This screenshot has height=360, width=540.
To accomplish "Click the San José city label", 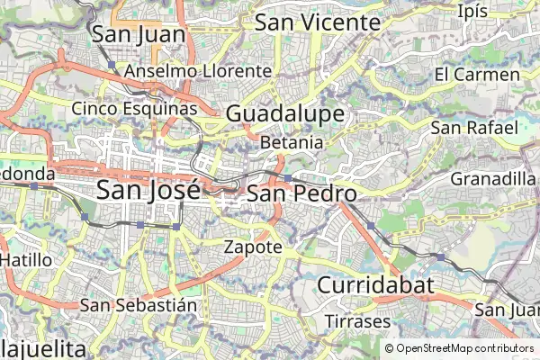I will point(148,191).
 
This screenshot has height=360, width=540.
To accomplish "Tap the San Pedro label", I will point(301,193).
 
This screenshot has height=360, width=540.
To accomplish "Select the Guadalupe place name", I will point(285,113).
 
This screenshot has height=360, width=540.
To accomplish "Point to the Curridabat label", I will point(375,286).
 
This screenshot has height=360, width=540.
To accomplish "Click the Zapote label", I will point(253,246).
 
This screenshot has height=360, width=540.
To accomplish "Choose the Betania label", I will point(291,142).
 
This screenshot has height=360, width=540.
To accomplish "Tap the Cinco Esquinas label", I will point(134,109).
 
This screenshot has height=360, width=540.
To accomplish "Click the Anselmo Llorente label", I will point(198,70).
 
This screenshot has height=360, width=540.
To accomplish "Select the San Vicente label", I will point(317,22).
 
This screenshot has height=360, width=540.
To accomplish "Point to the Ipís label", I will point(472,11).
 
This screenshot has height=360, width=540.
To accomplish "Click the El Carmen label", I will point(477,74).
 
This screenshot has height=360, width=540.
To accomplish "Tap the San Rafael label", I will point(473,128).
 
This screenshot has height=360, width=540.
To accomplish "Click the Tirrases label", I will point(357,321).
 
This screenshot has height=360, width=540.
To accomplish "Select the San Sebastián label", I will point(138,304).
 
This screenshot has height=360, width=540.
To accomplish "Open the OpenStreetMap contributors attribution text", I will point(463,348).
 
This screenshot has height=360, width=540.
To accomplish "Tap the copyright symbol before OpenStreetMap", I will point(389,348).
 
